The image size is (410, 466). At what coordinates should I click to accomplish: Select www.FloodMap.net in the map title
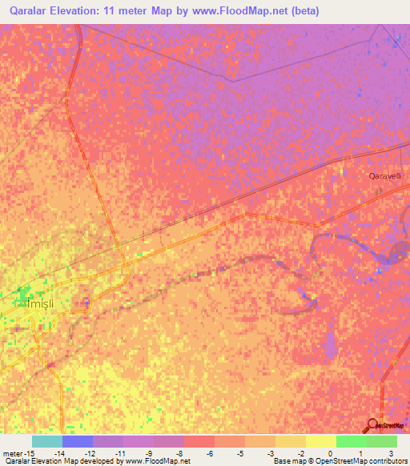click(x=243, y=10)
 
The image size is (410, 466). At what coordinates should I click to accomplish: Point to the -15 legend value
click(x=29, y=453)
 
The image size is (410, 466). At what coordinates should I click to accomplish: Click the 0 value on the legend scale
click(x=330, y=453)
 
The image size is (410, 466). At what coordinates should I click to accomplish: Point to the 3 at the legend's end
click(x=391, y=453)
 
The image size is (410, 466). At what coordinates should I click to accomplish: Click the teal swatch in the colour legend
click(x=47, y=441)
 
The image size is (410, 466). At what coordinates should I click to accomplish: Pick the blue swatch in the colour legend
click(x=78, y=441)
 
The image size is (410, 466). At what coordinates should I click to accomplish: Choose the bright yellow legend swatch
click(x=321, y=441)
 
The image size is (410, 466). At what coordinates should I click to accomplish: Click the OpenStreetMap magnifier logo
click(x=373, y=424)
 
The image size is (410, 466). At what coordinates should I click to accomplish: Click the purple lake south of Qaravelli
click(x=395, y=254)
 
